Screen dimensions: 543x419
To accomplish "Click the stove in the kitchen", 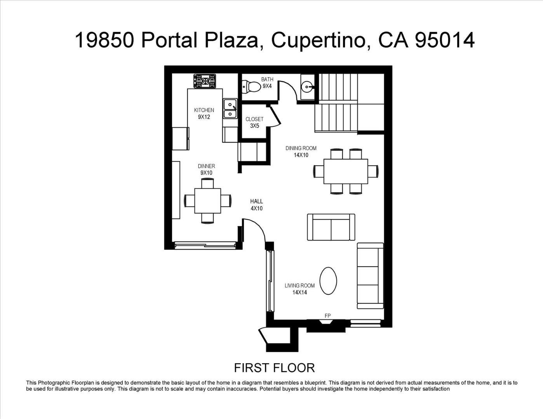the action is [205, 81].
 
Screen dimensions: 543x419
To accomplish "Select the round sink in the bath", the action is [306, 87].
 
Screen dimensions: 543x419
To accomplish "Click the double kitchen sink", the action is [230, 108].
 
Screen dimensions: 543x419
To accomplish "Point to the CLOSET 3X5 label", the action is [254, 122].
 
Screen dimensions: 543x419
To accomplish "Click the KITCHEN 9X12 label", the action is [204, 113].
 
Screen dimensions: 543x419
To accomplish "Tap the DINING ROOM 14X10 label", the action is [301, 151].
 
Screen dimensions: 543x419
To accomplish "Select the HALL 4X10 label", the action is [257, 204].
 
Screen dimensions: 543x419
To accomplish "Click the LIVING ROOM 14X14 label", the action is [299, 289].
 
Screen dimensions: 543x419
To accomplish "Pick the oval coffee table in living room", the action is [328, 281].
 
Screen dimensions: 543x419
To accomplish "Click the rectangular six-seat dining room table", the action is [346, 171].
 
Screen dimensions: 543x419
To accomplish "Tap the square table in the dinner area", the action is [207, 201].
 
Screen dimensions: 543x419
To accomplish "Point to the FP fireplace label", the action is [327, 316].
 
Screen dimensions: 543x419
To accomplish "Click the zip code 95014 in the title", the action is [445, 40].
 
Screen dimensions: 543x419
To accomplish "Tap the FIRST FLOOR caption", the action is [274, 368].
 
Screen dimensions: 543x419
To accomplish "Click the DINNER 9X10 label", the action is [206, 170].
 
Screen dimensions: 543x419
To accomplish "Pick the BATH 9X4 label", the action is [267, 83].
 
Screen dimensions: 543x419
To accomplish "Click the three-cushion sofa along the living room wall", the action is [370, 276].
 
